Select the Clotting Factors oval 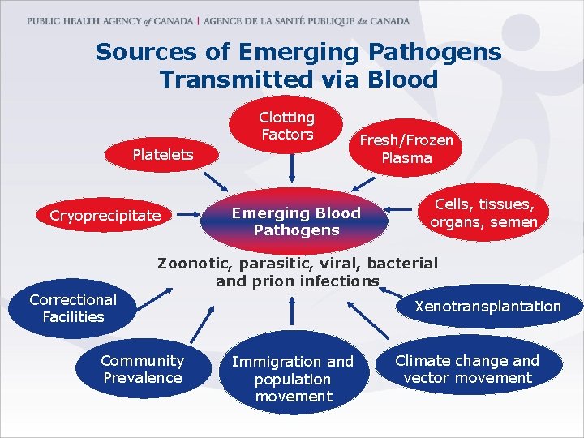point(287,127)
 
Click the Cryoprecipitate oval point(105,216)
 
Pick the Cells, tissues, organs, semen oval point(483,213)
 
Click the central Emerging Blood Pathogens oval point(296,221)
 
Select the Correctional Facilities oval point(73,308)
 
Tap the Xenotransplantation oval point(487,307)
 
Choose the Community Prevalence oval point(142,369)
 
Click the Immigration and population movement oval point(293,379)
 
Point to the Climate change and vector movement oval point(468,369)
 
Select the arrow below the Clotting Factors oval point(290,167)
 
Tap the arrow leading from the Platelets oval point(215,179)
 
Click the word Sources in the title point(145,53)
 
